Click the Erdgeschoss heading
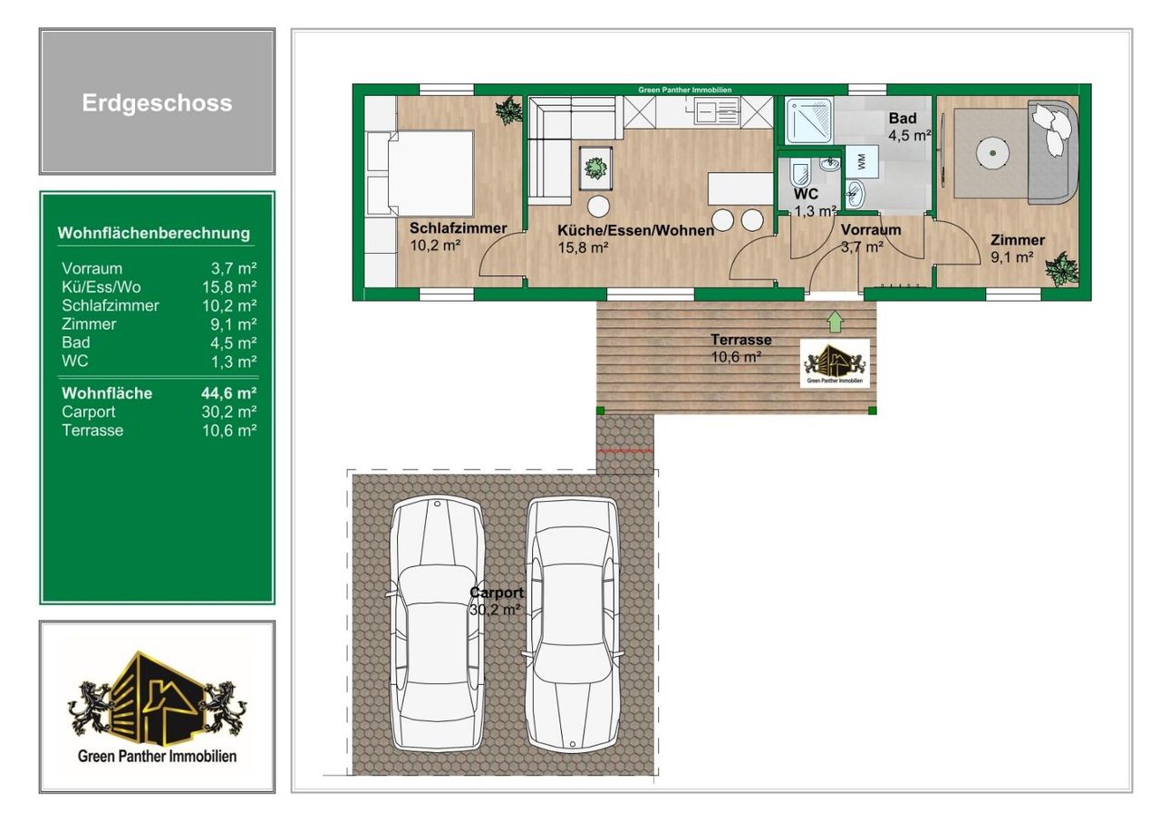pos(157,103)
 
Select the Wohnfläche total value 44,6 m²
pos(229,393)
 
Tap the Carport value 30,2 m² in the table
pos(229,412)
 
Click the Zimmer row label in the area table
pos(89,324)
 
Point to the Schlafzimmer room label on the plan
pos(458,228)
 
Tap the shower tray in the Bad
pos(809,121)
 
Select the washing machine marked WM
pos(861,161)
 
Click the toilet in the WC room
pos(800,173)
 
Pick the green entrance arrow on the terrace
pos(835,322)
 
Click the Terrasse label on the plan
pos(741,340)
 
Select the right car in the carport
pos(572,625)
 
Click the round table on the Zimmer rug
pos(992,153)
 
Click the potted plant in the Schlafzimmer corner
pos(508,111)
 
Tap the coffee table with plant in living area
pos(595,169)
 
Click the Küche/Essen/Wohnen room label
pos(635,230)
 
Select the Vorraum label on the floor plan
pos(871,230)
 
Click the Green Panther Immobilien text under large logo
pos(157,757)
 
